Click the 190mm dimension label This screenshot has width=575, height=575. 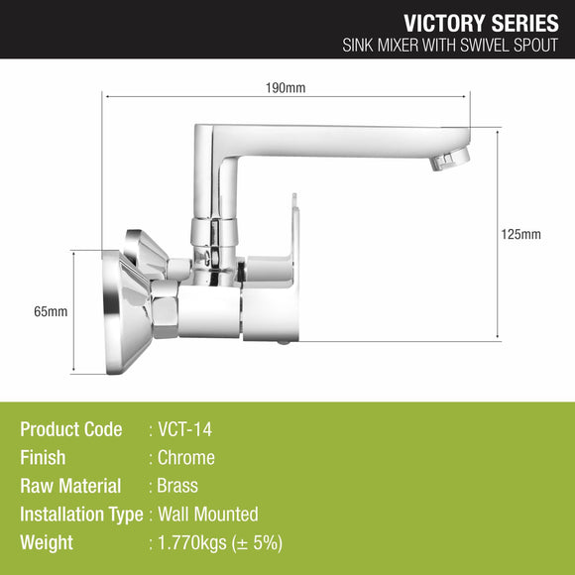287,87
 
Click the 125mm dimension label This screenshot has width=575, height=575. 520,235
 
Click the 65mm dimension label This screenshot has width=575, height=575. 51,311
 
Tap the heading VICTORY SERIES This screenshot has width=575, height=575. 482,23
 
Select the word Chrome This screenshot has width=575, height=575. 186,458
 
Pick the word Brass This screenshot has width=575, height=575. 178,486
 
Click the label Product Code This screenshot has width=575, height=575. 71,430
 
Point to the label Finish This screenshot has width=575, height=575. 43,458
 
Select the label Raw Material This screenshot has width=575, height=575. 70,486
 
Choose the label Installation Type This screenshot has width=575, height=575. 81,515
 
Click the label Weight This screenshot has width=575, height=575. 47,543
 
